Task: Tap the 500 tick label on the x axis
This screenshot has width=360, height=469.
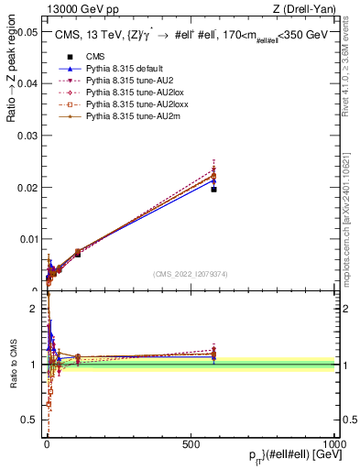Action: pyautogui.click(x=191, y=443)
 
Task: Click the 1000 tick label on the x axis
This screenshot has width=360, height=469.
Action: pyautogui.click(x=335, y=443)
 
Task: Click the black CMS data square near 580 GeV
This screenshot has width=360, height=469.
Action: pyautogui.click(x=213, y=189)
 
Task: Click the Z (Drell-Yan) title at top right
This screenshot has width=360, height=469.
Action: pyautogui.click(x=310, y=9)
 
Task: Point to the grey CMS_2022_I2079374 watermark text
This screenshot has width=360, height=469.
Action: pyautogui.click(x=191, y=273)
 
